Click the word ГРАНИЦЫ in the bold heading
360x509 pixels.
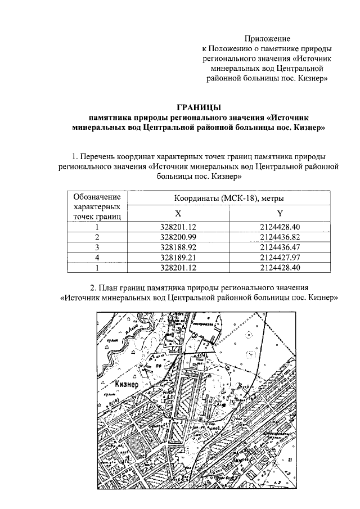pos(199,107)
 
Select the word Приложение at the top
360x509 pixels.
pos(267,39)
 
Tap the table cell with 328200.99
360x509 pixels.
pos(178,237)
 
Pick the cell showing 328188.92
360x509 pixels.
pos(178,247)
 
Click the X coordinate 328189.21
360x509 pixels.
pos(178,256)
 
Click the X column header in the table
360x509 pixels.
pos(178,214)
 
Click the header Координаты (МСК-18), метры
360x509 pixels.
pos(228,199)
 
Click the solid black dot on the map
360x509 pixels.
pos(224,404)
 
